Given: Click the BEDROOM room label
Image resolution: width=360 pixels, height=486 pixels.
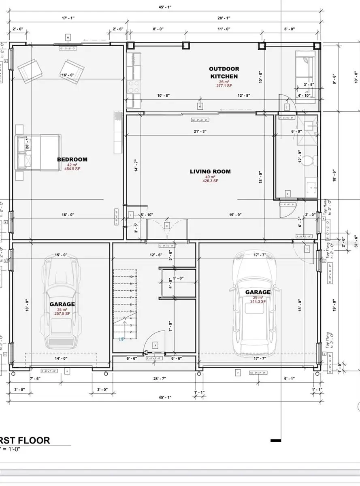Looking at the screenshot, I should [72, 159].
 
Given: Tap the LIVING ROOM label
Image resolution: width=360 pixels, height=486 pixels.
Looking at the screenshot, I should [210, 171].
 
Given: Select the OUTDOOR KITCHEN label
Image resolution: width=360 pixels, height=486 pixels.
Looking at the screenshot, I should [224, 72].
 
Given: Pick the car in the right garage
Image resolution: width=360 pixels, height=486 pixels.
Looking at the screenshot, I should [254, 300].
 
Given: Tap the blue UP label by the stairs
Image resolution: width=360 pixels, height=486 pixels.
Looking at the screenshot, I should [121, 339].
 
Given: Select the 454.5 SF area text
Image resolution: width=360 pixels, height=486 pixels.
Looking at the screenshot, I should [72, 168].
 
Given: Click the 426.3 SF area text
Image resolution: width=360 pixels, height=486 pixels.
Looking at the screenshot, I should [210, 181].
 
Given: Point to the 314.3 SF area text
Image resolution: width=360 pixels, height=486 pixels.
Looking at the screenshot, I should [258, 301].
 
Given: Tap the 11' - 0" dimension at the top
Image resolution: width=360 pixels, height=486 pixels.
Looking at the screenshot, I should [224, 29].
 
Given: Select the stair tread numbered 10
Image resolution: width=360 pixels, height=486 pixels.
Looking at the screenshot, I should [131, 276].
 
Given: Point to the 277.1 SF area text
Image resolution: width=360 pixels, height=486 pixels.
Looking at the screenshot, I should [224, 86].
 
